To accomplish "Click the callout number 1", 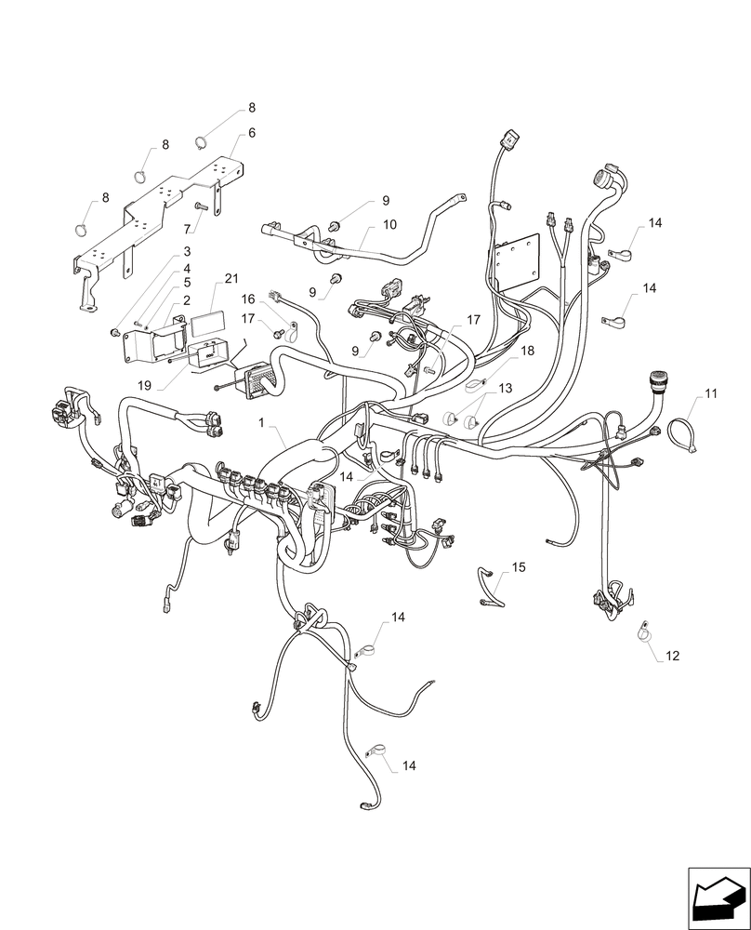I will tap(263, 422).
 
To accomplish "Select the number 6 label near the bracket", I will tap(252, 133).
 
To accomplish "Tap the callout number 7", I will tap(187, 227).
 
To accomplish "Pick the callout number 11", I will tap(711, 394).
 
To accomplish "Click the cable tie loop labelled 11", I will tap(682, 433).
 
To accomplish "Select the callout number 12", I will tap(673, 656).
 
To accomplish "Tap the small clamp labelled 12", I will tap(642, 633).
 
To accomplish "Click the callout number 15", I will tap(518, 566).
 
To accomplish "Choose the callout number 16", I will tap(248, 299).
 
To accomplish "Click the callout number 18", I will tap(527, 351).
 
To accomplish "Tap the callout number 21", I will tap(231, 280).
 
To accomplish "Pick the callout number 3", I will tap(187, 252).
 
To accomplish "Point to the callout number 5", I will tap(187, 283).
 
